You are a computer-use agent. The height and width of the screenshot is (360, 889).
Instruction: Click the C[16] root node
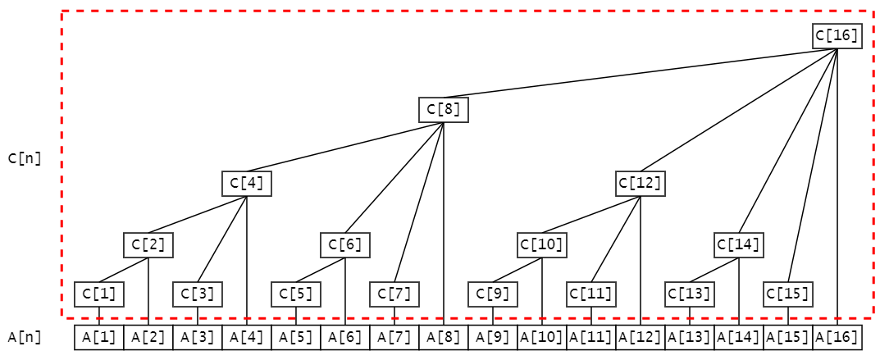click(837, 36)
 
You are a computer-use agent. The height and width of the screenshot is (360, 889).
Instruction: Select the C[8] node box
click(443, 109)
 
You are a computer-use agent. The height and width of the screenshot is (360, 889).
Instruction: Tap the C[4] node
click(246, 183)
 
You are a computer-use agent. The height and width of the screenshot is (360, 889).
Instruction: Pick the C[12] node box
click(640, 183)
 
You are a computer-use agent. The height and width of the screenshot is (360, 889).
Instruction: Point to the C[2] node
click(148, 244)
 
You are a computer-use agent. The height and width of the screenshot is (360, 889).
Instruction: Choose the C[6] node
click(344, 244)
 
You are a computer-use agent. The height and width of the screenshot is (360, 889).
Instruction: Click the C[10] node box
click(542, 244)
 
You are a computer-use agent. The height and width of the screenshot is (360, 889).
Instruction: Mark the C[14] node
click(739, 244)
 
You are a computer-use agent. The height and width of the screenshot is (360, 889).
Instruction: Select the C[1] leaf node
click(98, 294)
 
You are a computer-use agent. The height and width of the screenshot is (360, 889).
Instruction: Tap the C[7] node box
click(394, 294)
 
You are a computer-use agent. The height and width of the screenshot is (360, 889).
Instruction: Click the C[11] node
click(591, 294)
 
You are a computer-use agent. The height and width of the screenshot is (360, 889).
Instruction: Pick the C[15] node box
click(788, 294)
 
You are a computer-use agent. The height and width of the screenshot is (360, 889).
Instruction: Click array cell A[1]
click(98, 337)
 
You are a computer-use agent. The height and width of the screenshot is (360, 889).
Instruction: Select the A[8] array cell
click(443, 337)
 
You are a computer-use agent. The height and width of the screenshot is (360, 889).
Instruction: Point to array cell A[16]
click(837, 337)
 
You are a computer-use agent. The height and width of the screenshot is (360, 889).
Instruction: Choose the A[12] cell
click(640, 337)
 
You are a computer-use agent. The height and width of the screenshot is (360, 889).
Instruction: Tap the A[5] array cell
click(295, 337)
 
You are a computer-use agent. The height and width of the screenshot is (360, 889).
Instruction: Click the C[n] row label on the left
click(24, 158)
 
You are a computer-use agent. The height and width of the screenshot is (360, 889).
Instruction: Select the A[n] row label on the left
click(24, 337)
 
